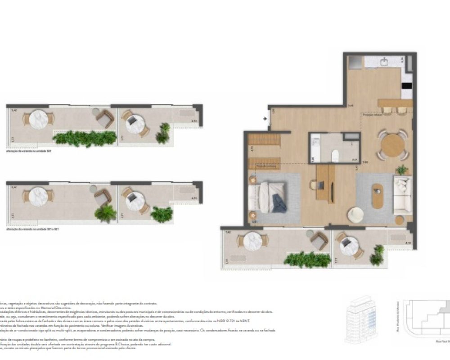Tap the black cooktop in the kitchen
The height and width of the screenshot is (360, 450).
pos(407,85)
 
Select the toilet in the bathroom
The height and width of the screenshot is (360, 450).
pos(335,156)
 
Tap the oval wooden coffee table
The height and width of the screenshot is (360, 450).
pos(378,196)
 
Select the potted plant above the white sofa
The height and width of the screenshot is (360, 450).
pos(402,170)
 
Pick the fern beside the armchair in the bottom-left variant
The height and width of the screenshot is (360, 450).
pos(105,213)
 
